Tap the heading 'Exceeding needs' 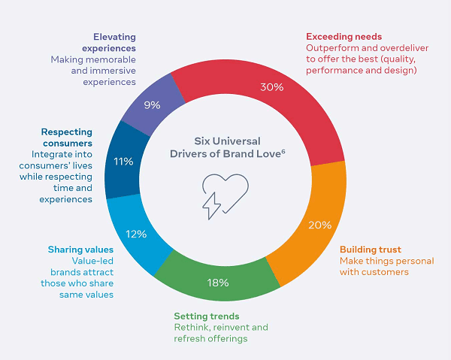344,36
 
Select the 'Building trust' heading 371,250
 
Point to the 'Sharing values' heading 80,250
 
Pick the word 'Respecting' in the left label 66,132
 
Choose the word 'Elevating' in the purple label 114,35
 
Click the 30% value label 271,87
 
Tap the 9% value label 152,105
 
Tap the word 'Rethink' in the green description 192,327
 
